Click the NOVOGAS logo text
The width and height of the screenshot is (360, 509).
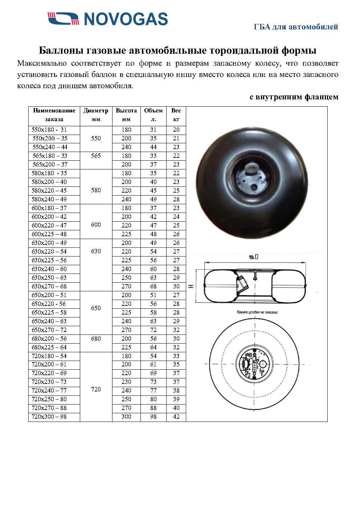pos(126,19)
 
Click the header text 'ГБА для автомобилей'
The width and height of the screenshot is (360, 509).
pos(296,27)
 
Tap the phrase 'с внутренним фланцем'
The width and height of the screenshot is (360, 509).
pos(294,97)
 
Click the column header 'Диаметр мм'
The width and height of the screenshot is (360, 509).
pos(96,115)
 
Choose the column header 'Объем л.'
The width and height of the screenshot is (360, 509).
pos(153,115)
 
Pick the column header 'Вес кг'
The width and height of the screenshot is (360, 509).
pos(176,115)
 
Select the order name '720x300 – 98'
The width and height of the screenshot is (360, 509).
pos(49,417)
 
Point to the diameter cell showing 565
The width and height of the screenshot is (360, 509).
pos(96,156)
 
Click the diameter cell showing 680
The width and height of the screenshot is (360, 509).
pos(96,339)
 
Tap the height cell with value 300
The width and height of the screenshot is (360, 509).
pos(126,417)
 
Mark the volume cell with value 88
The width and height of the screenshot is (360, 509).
pos(153,408)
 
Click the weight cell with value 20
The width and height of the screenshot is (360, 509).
pos(176,130)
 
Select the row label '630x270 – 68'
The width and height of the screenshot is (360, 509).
pos(49,287)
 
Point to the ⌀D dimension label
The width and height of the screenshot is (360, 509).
pos(254,257)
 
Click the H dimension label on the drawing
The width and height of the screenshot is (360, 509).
pos(191,286)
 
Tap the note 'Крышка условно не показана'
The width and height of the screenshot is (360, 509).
pos(257,312)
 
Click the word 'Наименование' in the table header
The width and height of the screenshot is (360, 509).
pos(54,111)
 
